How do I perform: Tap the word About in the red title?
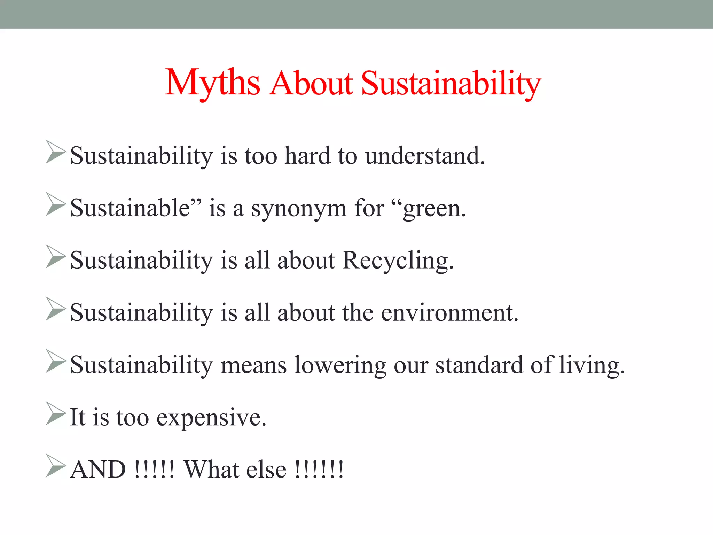tap(311, 84)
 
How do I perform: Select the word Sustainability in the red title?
tap(451, 84)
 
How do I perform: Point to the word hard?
tap(307, 156)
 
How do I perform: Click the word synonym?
tap(299, 209)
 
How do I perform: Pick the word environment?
tap(449, 313)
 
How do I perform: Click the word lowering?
tap(340, 365)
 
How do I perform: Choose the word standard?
tap(479, 365)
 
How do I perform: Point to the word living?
tap(592, 365)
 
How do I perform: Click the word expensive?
tap(211, 417)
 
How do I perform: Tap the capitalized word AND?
tap(98, 470)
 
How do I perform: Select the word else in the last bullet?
tap(266, 470)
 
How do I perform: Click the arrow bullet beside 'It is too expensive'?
tap(56, 414)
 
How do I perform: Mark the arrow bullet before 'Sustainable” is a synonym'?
tap(56, 204)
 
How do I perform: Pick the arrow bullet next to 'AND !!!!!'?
tap(56, 466)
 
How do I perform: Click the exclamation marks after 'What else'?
tap(319, 470)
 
